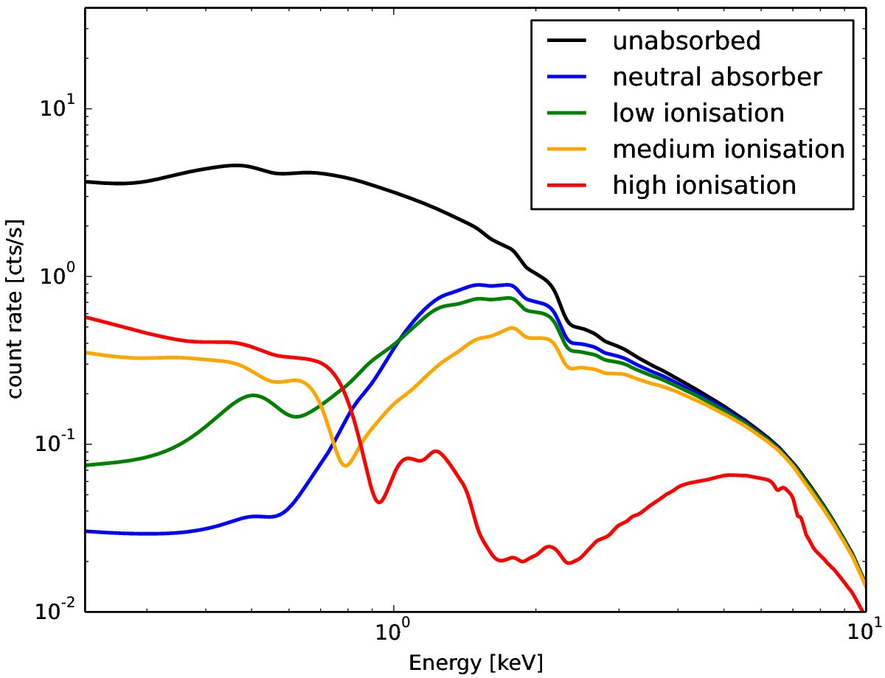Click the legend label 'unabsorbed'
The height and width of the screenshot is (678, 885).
point(686,41)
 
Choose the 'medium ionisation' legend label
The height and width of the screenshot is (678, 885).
point(728,149)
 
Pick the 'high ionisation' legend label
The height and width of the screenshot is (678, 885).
point(704,184)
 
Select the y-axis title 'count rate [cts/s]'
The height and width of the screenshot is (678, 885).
point(15,307)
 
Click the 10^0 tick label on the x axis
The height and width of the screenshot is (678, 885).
point(394,634)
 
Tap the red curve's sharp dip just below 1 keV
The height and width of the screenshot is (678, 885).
point(379,502)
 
